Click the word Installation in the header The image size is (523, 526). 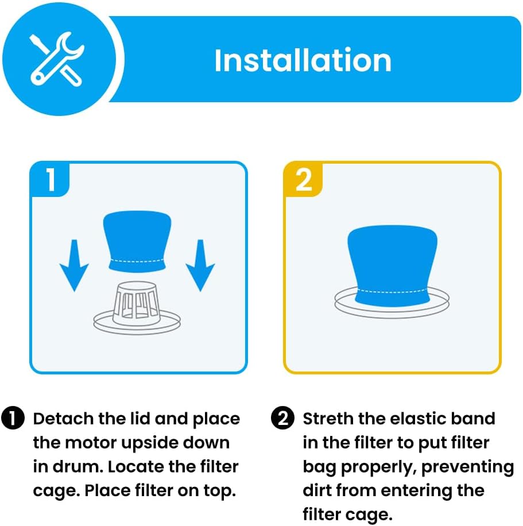(x=303, y=60)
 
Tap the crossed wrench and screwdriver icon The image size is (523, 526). (x=57, y=59)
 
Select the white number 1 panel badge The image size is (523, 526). (x=51, y=180)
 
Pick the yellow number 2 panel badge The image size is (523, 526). (x=304, y=180)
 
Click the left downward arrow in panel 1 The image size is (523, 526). (x=74, y=265)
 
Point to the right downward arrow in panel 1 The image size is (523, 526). (x=200, y=265)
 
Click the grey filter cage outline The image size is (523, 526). (x=137, y=308)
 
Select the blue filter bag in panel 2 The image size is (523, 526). (x=392, y=266)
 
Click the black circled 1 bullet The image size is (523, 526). (x=13, y=418)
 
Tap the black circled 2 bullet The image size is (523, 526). (x=282, y=418)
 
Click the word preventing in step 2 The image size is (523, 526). (x=468, y=467)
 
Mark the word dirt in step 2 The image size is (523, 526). (x=319, y=491)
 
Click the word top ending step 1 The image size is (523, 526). (x=219, y=492)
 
